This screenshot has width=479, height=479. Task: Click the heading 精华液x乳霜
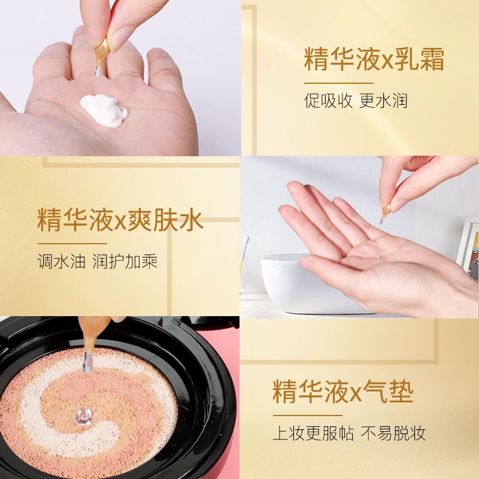click(x=374, y=59)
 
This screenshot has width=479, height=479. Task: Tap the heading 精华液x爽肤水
click(x=120, y=220)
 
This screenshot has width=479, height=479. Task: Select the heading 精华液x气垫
click(x=342, y=392)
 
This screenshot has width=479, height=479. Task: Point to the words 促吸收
click(x=328, y=101)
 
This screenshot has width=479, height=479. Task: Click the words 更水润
click(x=383, y=101)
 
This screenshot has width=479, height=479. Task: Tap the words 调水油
click(x=62, y=262)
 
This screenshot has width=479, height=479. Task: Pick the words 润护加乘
click(x=125, y=262)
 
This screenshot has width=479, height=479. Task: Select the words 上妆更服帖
click(x=313, y=433)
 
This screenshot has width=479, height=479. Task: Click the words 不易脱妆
click(x=393, y=433)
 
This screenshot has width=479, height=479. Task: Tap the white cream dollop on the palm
click(x=104, y=110)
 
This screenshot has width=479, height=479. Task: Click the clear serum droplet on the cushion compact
click(x=83, y=416)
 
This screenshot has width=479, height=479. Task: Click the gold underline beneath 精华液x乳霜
click(x=338, y=83)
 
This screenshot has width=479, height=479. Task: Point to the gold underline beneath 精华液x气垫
click(x=307, y=416)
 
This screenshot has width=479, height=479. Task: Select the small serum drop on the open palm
click(x=377, y=259)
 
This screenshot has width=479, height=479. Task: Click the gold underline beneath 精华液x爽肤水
click(x=72, y=244)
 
